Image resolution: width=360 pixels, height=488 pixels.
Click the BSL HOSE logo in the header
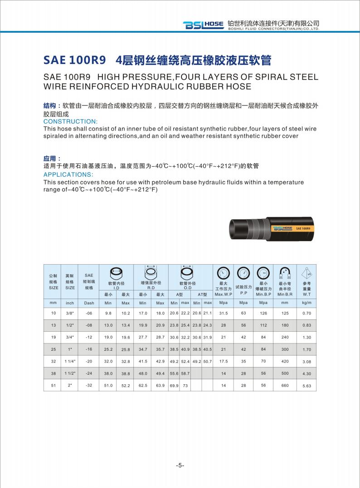tap(203, 25)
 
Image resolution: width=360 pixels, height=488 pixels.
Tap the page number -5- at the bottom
tap(180, 465)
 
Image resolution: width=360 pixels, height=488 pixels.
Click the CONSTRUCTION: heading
tap(70, 121)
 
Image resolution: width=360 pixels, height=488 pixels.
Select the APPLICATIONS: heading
tap(68, 174)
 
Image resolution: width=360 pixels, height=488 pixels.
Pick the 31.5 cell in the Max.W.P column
tap(223, 314)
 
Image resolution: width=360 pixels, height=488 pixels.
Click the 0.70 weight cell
tap(306, 314)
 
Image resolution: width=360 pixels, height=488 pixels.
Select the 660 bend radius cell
tap(285, 385)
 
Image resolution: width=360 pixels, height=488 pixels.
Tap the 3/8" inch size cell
tap(70, 314)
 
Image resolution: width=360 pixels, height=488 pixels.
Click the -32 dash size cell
tap(89, 385)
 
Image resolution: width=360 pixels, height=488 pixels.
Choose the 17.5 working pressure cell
tap(223, 362)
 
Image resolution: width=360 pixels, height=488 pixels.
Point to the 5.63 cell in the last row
tap(306, 386)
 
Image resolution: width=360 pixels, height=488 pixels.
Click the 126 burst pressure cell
tap(263, 314)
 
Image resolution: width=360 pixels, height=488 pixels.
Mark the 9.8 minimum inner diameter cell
tap(108, 314)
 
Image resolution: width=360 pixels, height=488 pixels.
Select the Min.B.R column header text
tap(285, 294)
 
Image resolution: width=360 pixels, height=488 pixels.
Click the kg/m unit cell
tap(306, 303)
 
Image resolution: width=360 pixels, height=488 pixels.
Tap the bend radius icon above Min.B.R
tap(285, 273)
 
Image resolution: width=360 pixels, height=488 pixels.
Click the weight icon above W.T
tap(307, 273)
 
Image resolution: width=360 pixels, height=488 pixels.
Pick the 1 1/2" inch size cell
tap(70, 373)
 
